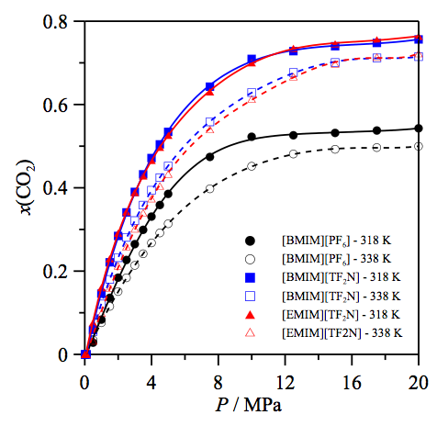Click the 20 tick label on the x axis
419,375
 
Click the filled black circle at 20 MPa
419,129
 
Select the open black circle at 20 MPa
419,147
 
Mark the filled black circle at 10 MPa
252,137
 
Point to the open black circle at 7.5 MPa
210,188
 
